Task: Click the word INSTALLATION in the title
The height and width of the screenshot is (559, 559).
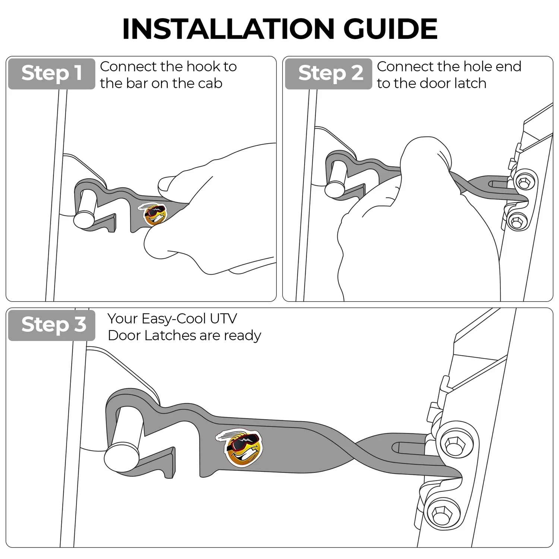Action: (x=228, y=29)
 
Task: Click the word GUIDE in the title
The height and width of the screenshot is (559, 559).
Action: (x=390, y=29)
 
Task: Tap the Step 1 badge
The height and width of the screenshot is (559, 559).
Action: (x=51, y=73)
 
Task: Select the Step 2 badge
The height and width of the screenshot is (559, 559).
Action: (x=328, y=73)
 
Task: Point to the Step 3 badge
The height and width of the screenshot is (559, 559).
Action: (x=51, y=325)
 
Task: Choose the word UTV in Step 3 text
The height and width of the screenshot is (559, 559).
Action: (x=223, y=319)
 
